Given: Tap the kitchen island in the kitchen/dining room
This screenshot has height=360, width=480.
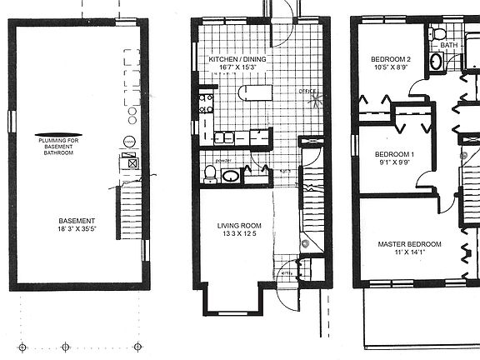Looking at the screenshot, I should click(252, 92).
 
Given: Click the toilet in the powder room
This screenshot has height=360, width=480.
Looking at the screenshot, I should click(211, 174).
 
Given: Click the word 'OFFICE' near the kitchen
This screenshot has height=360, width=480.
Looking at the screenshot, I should click(307, 91).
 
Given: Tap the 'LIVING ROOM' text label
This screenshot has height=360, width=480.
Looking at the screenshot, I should click(240, 225).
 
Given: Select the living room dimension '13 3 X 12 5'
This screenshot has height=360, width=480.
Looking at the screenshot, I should click(240, 235).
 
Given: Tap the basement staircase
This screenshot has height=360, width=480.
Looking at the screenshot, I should click(129, 213).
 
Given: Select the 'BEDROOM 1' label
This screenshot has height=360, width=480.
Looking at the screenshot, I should click(395, 155).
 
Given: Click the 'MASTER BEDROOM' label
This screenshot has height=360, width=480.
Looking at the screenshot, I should click(409, 244).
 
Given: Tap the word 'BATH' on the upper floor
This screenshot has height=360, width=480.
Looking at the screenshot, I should click(449, 45).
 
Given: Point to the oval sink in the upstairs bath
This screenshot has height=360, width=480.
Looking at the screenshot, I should click(436, 63).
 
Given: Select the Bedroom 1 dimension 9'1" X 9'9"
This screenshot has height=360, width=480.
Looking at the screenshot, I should click(395, 164).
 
